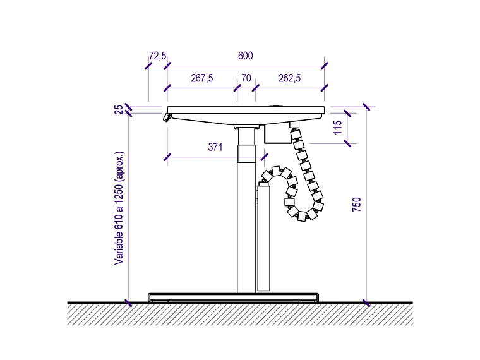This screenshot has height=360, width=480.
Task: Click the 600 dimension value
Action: point(246,56)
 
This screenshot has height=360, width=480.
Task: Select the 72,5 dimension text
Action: point(157,56)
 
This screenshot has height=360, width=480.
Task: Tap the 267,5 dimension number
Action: point(201,78)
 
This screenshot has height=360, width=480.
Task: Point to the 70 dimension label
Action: point(246,78)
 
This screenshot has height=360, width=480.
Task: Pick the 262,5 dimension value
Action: point(290,78)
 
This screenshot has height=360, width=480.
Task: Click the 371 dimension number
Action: point(215,147)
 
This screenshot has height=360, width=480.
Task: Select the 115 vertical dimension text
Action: point(337,128)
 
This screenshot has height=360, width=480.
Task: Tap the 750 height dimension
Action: point(357,205)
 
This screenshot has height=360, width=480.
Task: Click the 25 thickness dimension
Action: point(119,110)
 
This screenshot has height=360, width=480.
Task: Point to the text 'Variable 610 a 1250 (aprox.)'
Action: point(119,208)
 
